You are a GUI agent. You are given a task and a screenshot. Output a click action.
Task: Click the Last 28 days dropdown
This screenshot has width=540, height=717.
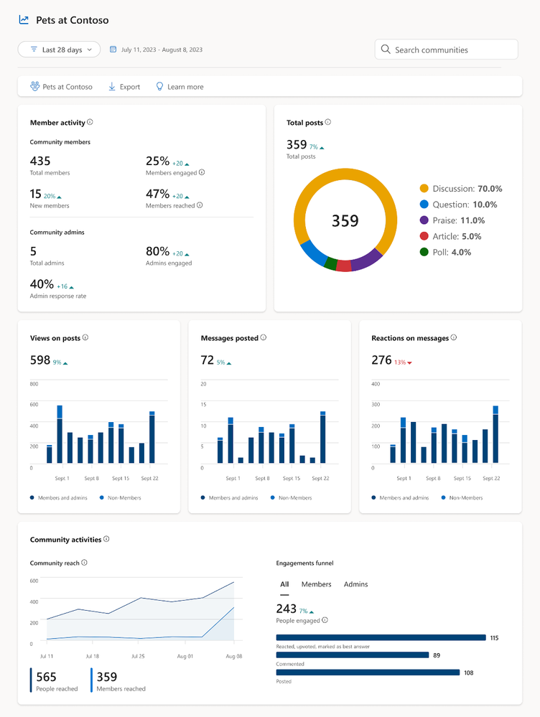coord(60,50)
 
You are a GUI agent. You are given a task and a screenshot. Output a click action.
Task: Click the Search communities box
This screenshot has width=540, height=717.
coord(446,50)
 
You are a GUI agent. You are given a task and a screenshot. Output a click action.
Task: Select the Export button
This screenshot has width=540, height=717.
coord(124,87)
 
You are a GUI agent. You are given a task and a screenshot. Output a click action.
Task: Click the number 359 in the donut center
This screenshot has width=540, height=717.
coord(345,221)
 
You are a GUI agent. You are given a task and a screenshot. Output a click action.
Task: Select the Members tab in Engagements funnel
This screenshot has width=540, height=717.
coord(316,584)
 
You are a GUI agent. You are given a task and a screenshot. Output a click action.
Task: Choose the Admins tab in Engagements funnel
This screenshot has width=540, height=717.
coord(355,584)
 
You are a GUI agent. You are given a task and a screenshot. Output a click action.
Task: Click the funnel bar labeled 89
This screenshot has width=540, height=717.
coord(352,655)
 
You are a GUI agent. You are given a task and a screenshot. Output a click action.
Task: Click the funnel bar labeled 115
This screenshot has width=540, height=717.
coord(381,637)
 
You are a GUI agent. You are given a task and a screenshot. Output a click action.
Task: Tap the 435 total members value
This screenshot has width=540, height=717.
coord(39,161)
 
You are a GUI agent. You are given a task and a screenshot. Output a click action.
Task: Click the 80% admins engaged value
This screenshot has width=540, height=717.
coord(157,252)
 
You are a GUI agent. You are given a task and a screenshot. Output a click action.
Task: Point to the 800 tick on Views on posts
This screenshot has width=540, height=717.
coord(34,384)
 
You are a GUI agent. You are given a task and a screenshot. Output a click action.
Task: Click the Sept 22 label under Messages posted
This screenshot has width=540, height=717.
coord(321,478)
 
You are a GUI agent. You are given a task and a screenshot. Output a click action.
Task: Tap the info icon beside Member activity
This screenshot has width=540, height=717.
coord(90,123)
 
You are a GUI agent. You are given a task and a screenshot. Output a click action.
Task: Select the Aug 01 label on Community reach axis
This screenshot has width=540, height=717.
coord(185,656)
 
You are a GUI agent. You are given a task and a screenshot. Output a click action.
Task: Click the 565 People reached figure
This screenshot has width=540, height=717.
coord(46,677)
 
